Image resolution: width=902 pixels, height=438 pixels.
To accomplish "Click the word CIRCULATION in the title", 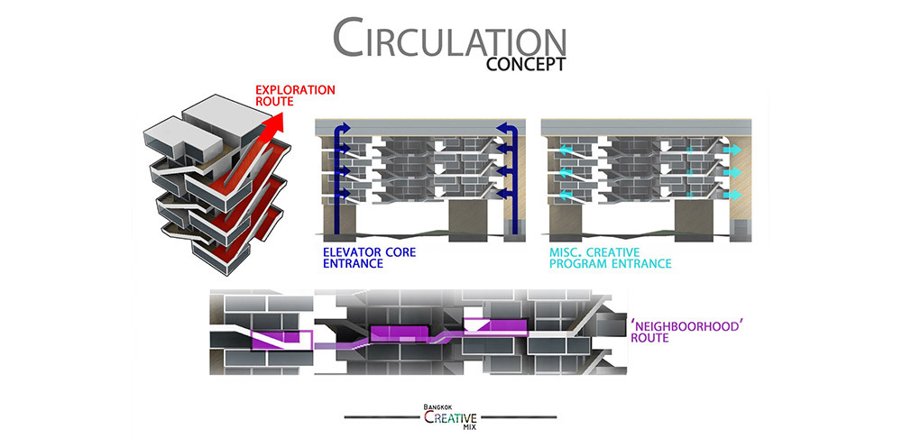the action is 449,37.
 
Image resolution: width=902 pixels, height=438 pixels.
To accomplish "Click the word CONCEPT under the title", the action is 526,64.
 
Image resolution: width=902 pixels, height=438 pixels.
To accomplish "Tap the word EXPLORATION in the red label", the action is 295,90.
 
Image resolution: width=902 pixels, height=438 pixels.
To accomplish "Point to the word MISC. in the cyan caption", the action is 566,252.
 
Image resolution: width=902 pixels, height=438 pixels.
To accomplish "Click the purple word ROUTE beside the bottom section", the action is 650,338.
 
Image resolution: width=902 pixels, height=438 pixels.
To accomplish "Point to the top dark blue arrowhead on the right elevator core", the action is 502,128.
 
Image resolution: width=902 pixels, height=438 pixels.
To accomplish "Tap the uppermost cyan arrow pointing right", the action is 732,150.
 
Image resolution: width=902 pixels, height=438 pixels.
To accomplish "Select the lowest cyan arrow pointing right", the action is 732,195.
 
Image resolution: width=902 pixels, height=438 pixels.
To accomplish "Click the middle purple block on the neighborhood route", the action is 400,333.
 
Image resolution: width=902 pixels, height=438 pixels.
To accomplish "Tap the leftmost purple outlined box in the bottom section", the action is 281,340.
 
